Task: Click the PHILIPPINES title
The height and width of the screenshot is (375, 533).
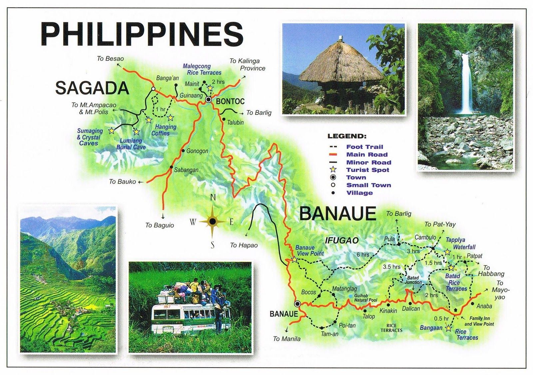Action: click(x=142, y=34)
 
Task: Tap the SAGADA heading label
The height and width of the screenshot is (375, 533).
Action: click(x=92, y=88)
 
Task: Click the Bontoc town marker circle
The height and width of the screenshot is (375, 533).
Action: click(x=209, y=99)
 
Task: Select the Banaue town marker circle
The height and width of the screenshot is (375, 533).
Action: click(x=297, y=304)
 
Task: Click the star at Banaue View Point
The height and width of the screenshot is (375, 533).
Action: click(x=294, y=259)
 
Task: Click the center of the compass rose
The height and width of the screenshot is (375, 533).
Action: click(x=213, y=221)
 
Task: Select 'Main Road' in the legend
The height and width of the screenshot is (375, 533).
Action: click(x=367, y=154)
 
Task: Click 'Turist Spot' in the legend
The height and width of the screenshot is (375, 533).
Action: click(x=367, y=170)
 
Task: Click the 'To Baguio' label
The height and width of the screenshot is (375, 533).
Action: click(x=160, y=225)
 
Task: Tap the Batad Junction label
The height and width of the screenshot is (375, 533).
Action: click(x=413, y=280)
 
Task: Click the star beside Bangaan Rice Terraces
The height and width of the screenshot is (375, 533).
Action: click(x=448, y=328)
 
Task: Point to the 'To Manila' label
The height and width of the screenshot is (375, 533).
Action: click(x=286, y=339)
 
